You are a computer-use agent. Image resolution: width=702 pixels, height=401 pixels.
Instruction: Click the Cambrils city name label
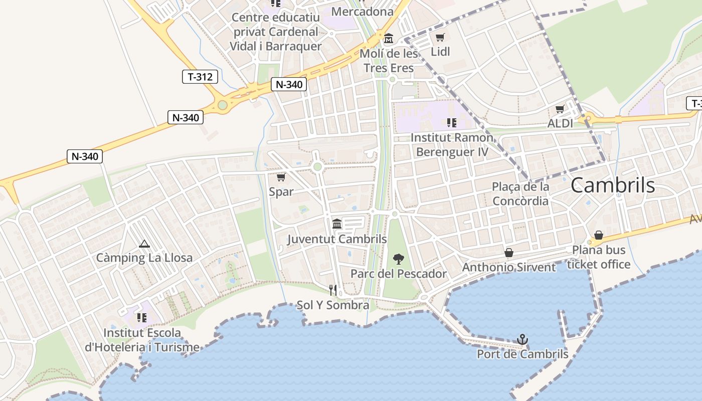pos(612,185)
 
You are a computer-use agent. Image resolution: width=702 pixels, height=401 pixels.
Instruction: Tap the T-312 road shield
pos(200,77)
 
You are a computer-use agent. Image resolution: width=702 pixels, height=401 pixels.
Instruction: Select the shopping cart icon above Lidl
pos(440,38)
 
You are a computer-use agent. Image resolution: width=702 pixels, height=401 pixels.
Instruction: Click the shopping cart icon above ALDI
pos(560,109)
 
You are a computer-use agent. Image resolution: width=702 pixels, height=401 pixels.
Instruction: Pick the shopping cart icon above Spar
pos(281,177)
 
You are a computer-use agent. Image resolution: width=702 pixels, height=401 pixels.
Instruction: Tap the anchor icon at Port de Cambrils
pos(522,340)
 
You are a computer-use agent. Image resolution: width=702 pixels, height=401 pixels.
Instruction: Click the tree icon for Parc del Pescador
pos(399,259)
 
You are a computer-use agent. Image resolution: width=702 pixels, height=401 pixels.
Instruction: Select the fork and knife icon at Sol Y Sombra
pos(332,290)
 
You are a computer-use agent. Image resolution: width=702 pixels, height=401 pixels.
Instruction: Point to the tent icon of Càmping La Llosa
pos(144,244)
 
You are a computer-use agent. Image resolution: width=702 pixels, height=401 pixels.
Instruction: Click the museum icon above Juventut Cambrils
pos(337,224)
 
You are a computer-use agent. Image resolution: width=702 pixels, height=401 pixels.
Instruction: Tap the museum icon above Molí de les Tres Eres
pos(389,39)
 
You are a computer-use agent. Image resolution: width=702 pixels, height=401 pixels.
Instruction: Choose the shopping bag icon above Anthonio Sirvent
pos(509,253)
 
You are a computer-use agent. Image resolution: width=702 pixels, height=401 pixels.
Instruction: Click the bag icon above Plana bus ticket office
pos(599,236)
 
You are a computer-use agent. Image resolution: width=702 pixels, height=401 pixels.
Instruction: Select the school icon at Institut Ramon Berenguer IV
pos(451,123)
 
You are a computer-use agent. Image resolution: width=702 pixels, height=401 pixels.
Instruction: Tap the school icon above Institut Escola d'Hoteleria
pos(142,318)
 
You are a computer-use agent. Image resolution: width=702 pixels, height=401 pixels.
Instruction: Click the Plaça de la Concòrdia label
pos(520,193)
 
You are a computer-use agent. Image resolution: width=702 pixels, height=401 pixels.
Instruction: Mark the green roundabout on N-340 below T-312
pos(223,105)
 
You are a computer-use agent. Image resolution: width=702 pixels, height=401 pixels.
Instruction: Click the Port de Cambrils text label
pos(522,354)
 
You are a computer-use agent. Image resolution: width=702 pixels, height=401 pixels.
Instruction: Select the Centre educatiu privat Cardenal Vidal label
pos(275,32)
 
